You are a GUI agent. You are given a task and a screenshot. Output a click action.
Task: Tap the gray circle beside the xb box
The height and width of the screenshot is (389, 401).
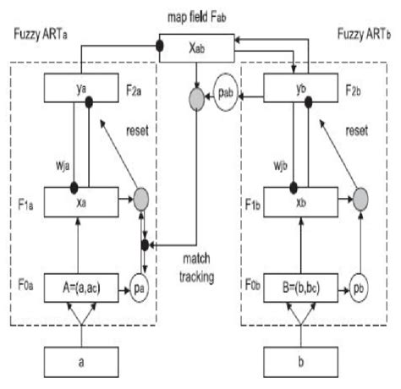point(361,200)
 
